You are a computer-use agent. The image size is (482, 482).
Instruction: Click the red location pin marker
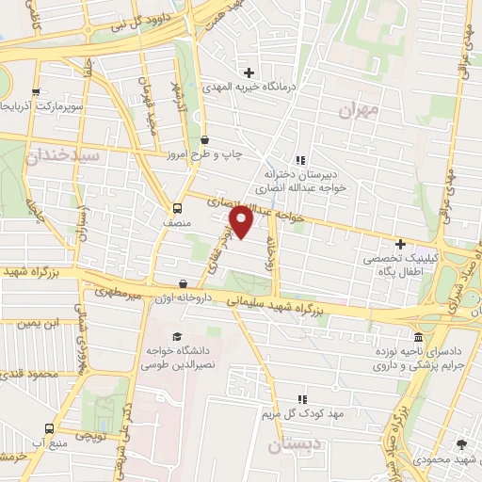242,221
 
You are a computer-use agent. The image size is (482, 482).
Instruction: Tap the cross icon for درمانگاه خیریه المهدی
249,72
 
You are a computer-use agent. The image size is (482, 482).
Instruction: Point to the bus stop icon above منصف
178,207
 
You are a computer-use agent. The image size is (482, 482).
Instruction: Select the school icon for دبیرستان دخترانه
300,159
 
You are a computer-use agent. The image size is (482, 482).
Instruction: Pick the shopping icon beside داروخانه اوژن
183,282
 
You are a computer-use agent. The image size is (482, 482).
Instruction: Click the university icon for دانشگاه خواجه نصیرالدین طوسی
175,336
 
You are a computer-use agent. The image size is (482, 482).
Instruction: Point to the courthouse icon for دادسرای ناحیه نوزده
419,337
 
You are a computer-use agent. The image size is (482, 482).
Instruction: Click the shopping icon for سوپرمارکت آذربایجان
36,92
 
